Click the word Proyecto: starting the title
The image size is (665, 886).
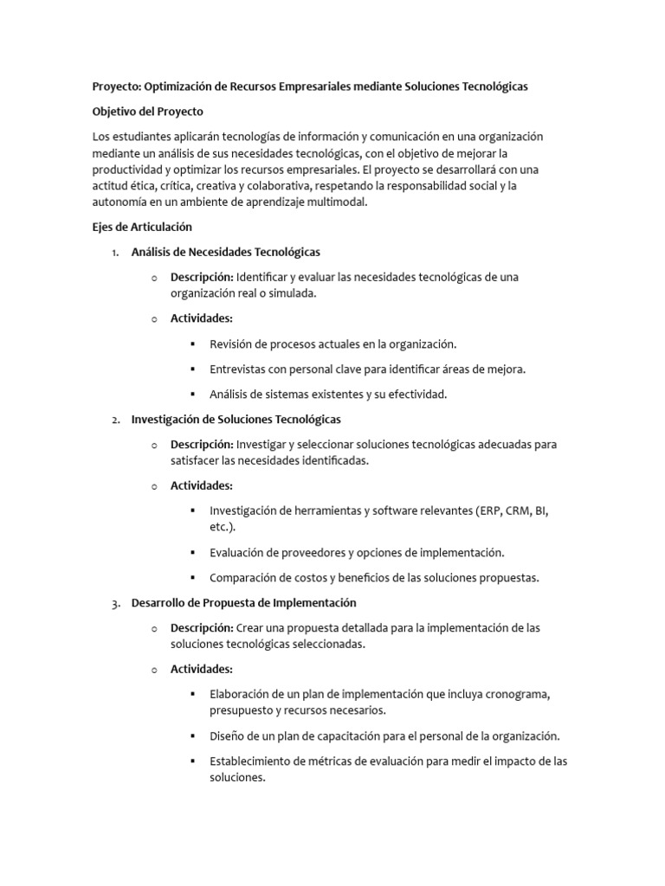[x=116, y=87]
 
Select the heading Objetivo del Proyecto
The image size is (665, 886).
[x=148, y=112]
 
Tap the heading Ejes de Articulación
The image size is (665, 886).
[x=142, y=227]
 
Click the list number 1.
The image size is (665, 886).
[x=115, y=253]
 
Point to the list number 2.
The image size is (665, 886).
[x=115, y=420]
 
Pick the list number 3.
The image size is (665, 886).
[x=115, y=603]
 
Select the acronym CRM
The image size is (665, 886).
[x=520, y=511]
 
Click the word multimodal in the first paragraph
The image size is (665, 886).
[x=336, y=202]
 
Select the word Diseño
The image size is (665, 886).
[x=228, y=736]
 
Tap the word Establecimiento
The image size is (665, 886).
[x=252, y=761]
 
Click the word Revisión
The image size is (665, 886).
[x=234, y=344]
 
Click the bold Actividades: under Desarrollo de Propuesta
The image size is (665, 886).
[x=202, y=670]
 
